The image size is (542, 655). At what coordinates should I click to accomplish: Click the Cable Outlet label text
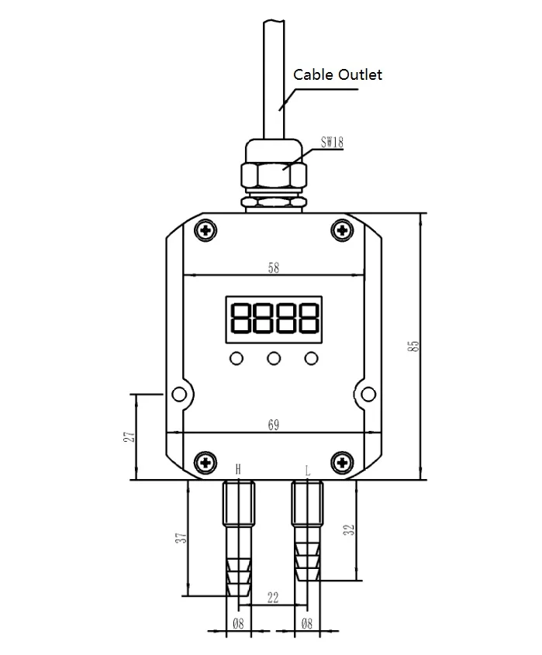pyautogui.click(x=337, y=74)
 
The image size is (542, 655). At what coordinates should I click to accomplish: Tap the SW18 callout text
pyautogui.click(x=332, y=142)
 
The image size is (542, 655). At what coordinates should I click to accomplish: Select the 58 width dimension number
pyautogui.click(x=274, y=267)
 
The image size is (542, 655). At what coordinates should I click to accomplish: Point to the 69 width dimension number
pyautogui.click(x=274, y=425)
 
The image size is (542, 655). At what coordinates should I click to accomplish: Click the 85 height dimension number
pyautogui.click(x=413, y=346)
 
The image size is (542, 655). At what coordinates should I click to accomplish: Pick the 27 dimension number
pyautogui.click(x=129, y=437)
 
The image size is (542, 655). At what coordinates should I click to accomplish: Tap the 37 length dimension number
pyautogui.click(x=181, y=538)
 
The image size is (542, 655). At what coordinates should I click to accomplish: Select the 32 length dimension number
pyautogui.click(x=348, y=530)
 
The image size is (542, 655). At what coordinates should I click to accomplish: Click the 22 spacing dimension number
pyautogui.click(x=273, y=598)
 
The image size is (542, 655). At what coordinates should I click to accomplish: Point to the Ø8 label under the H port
pyautogui.click(x=238, y=624)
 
